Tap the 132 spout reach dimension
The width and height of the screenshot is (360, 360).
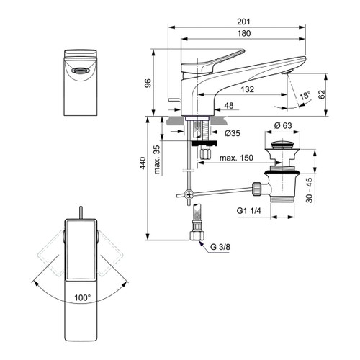click(248, 91)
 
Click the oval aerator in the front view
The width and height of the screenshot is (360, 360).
click(81, 71)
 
